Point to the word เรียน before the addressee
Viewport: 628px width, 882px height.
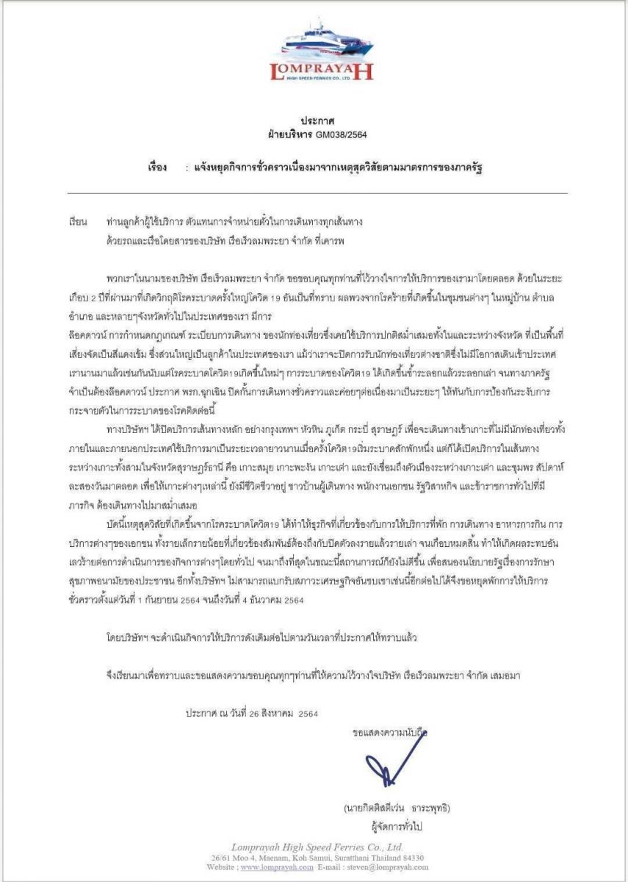(78, 221)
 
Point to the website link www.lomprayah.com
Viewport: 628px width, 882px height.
(278, 867)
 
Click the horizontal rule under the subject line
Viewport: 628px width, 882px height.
(317, 193)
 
